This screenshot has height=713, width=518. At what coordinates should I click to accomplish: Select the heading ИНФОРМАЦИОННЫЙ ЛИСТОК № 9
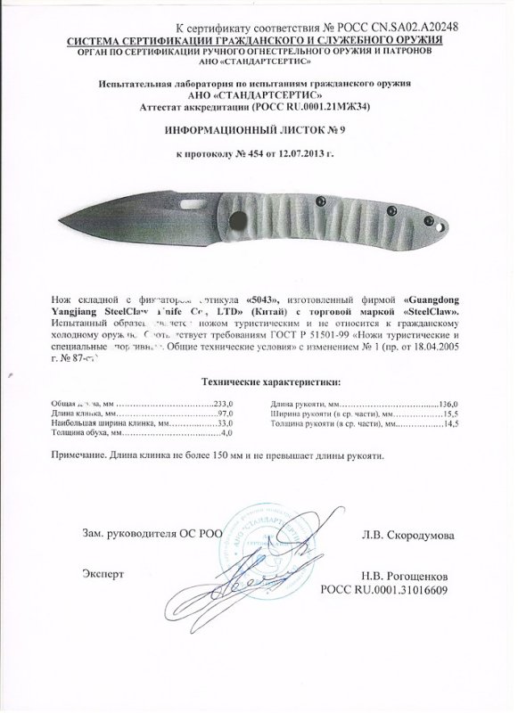252,129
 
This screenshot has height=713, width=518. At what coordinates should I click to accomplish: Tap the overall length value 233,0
220,404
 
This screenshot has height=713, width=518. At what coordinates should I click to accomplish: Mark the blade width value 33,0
221,423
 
